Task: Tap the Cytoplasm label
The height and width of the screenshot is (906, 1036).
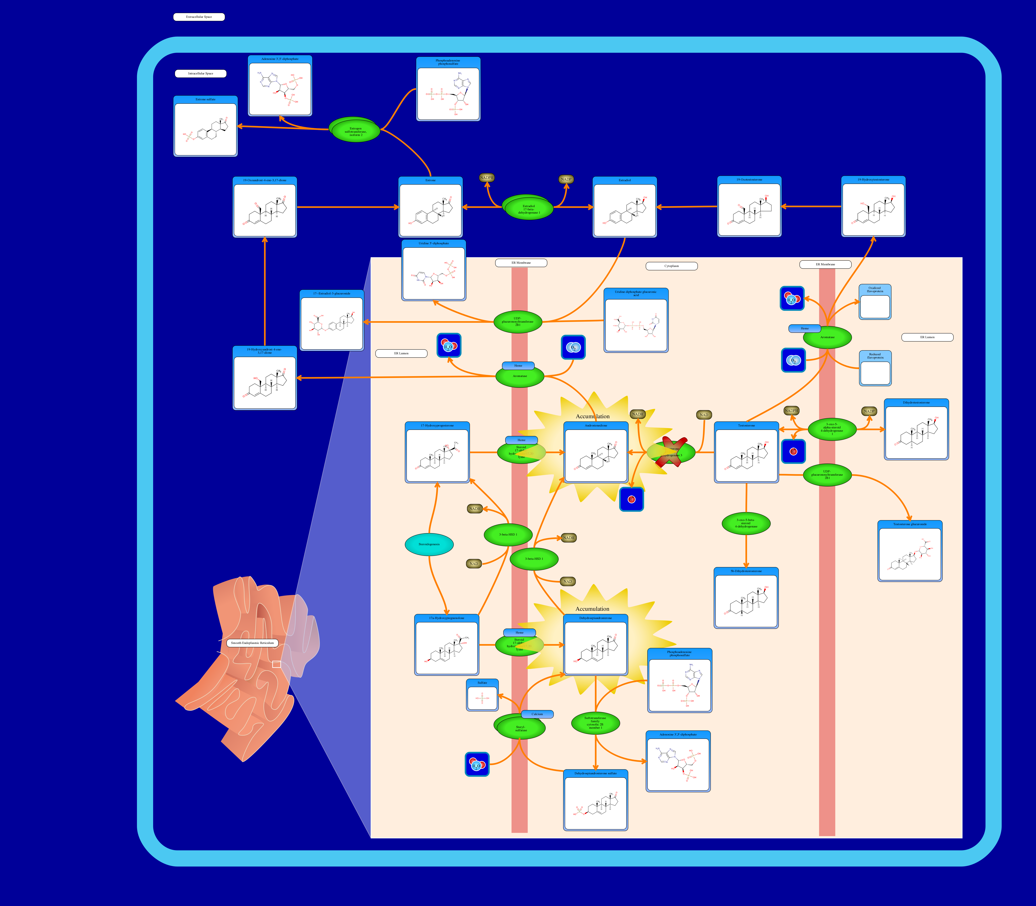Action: (x=671, y=266)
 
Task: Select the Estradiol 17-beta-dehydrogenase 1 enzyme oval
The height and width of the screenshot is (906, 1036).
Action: (x=529, y=209)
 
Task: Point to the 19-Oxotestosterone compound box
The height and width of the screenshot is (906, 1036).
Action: (x=749, y=206)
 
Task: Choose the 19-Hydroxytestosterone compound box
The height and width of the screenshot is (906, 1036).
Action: (x=873, y=206)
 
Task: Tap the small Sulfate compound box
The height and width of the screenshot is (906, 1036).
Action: (x=482, y=695)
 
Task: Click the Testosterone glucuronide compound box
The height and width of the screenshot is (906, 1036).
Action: (x=910, y=551)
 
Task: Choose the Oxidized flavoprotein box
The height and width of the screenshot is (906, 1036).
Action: (x=875, y=302)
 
